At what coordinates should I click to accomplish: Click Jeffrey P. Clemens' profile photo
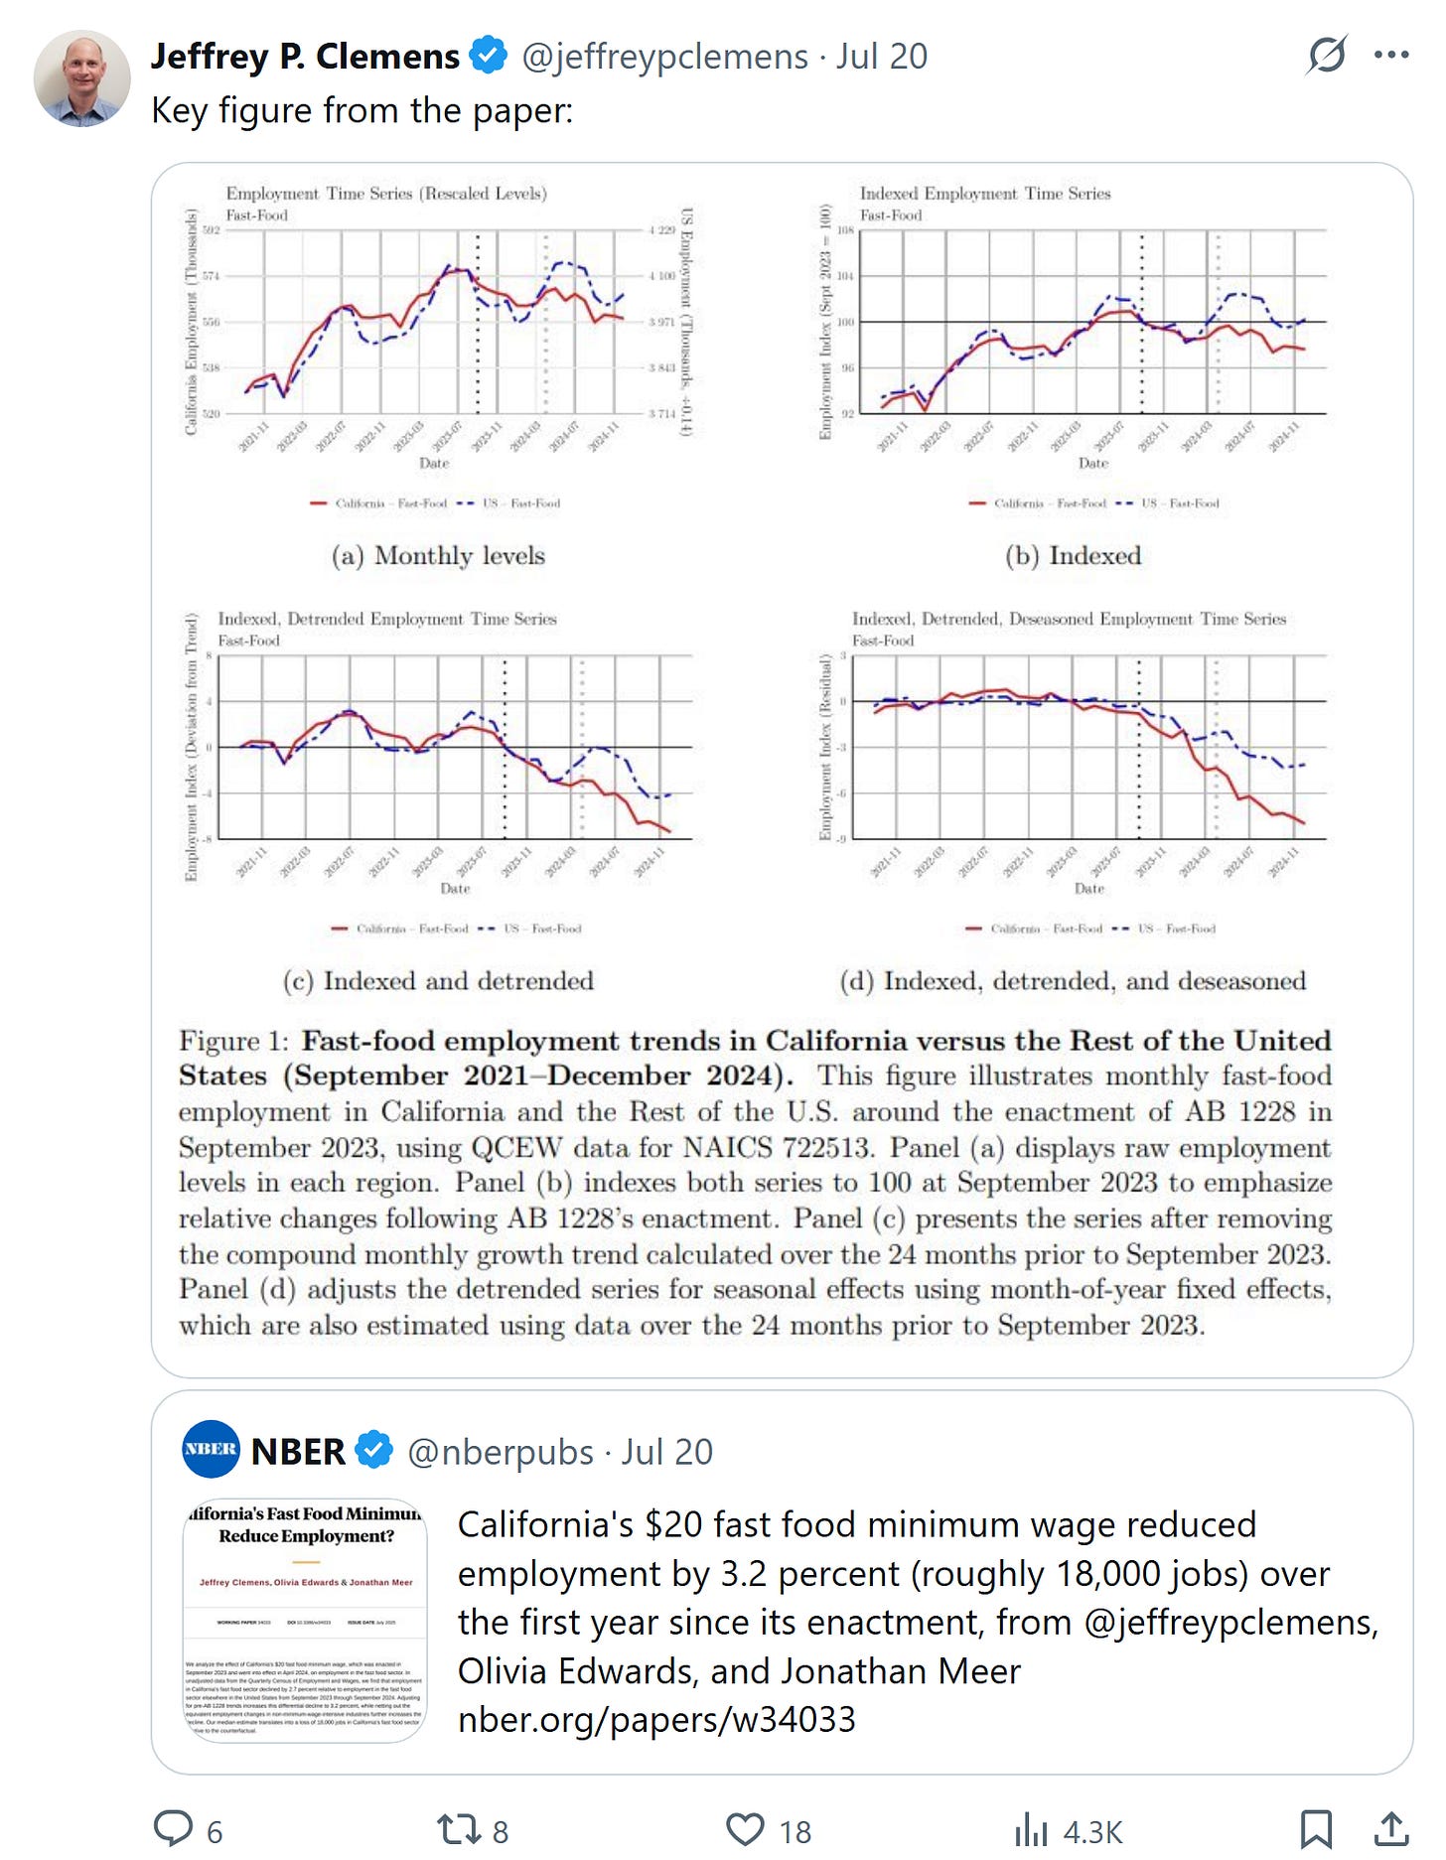click(x=82, y=78)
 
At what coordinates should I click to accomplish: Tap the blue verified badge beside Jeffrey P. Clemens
click(x=488, y=56)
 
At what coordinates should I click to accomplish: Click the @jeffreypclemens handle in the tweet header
click(x=664, y=57)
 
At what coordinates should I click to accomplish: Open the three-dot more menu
click(x=1391, y=56)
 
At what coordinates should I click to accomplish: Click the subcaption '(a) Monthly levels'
click(x=438, y=555)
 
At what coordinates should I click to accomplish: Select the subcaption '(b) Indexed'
click(x=1073, y=555)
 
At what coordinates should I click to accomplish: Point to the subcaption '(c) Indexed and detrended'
click(x=438, y=981)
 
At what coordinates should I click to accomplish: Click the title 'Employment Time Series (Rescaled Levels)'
click(x=386, y=194)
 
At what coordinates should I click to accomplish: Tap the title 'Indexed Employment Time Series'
click(x=984, y=194)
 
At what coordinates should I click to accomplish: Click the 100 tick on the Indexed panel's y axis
click(x=845, y=322)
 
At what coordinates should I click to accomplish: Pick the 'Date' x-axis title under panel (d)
click(x=1088, y=888)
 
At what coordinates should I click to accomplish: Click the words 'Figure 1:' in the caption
click(x=233, y=1041)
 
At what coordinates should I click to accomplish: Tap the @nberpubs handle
click(x=501, y=1452)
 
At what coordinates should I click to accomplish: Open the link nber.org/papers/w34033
click(x=656, y=1719)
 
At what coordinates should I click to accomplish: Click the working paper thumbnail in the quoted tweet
click(x=305, y=1620)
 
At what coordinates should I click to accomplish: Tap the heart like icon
click(x=745, y=1829)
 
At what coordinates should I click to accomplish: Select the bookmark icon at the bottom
click(x=1316, y=1829)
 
